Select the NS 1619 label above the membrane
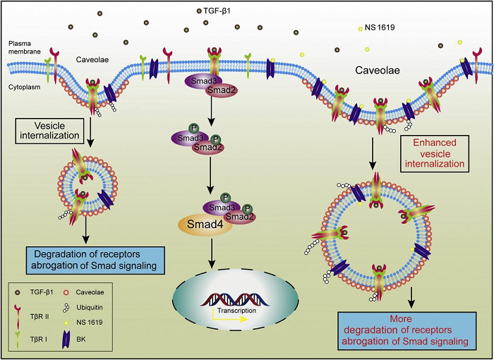[378, 28]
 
